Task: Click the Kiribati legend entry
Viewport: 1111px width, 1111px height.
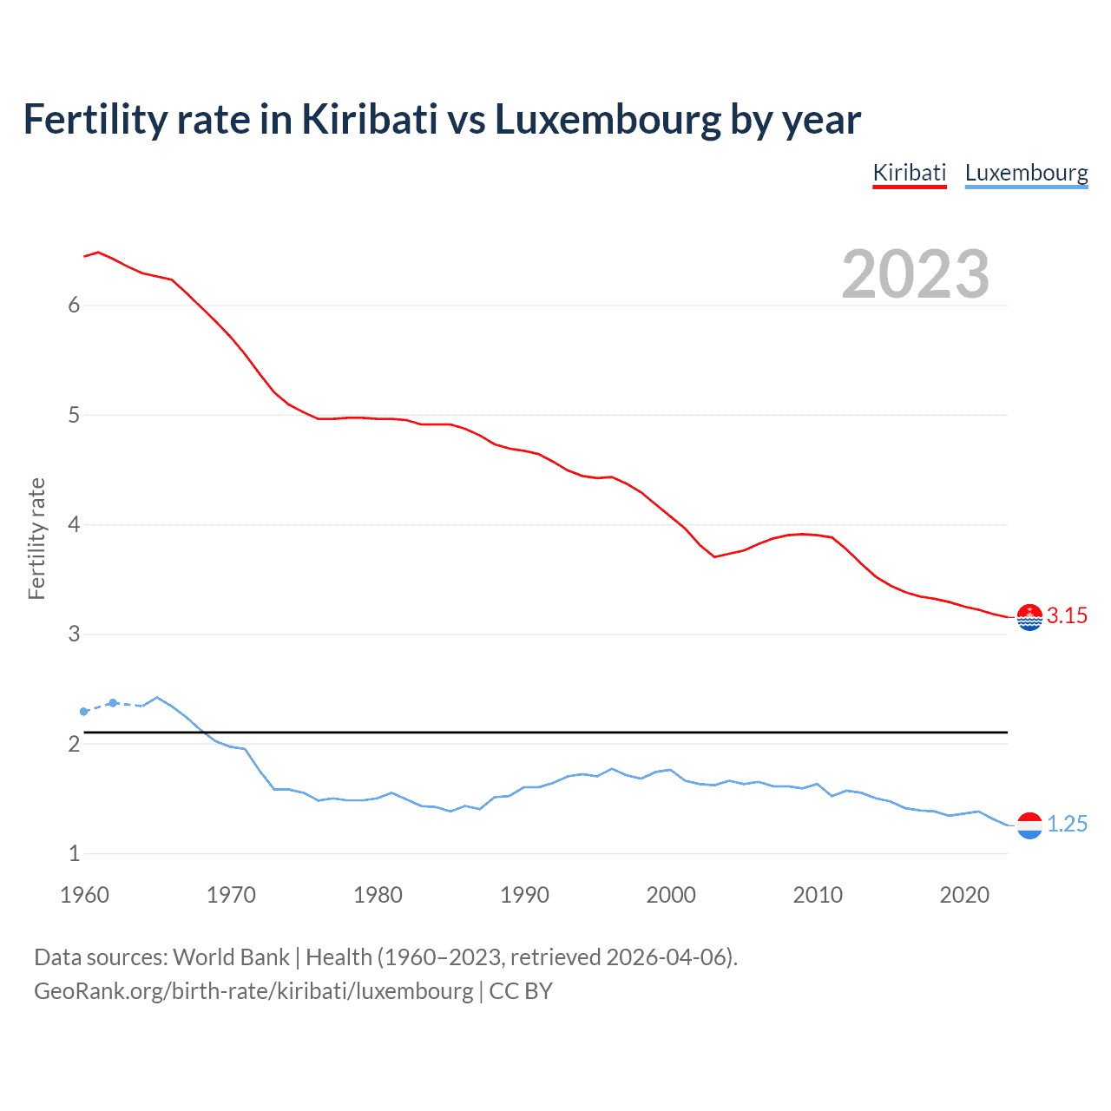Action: (x=909, y=173)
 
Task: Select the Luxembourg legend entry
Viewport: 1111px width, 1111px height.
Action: (x=1026, y=173)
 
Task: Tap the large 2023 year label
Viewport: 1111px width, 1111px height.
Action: (x=915, y=274)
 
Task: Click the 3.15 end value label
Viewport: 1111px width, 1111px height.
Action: (x=1067, y=616)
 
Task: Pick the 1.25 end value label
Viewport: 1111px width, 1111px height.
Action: (x=1067, y=825)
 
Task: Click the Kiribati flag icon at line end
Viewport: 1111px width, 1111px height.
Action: (x=1029, y=617)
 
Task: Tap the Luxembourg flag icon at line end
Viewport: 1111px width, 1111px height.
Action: (x=1029, y=825)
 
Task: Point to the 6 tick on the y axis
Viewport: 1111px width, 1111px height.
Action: (x=74, y=306)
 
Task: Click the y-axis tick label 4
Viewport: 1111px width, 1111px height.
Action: (x=74, y=525)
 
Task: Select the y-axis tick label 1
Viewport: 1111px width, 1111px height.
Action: (x=74, y=854)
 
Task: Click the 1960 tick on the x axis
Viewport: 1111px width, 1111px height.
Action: (x=84, y=895)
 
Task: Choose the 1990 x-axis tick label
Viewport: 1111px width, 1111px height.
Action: (x=524, y=895)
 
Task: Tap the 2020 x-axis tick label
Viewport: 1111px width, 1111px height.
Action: (x=964, y=895)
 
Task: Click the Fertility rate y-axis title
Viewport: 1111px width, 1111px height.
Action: (x=36, y=538)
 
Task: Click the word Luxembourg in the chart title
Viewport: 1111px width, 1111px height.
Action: (x=608, y=120)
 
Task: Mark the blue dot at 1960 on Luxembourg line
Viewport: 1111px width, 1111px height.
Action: (x=84, y=712)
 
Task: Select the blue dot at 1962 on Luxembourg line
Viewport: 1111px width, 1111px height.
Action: (x=113, y=703)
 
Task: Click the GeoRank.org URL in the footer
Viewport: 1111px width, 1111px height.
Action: (x=253, y=991)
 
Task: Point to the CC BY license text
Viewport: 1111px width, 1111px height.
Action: (x=521, y=991)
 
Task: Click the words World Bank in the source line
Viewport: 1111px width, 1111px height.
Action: (x=231, y=957)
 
